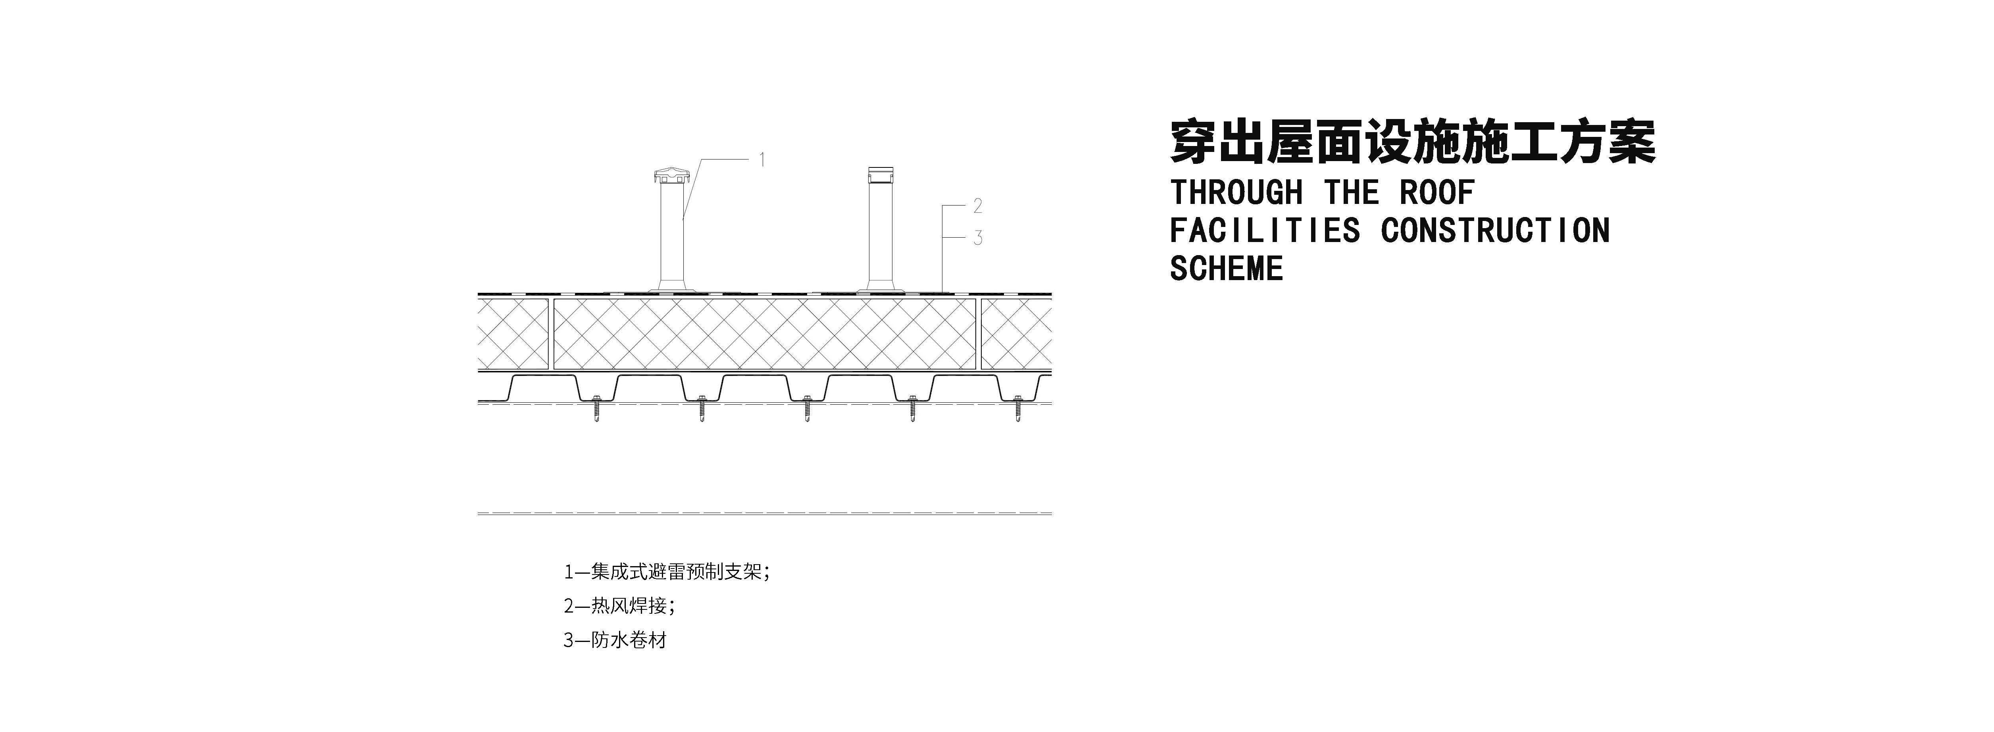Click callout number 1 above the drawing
pos(761,160)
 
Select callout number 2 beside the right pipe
pos(978,206)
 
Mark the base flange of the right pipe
pos(880,289)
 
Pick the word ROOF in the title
pos(1436,193)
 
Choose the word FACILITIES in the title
pos(1264,231)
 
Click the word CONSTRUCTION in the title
pos(1495,231)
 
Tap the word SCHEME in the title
pos(1226,269)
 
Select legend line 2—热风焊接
pos(619,606)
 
